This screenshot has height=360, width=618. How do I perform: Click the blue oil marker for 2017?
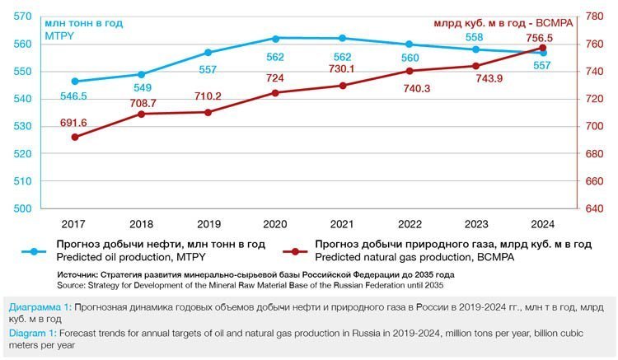coord(75,82)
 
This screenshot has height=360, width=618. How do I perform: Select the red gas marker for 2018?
coord(141,114)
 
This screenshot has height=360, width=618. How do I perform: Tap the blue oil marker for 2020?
coord(275,38)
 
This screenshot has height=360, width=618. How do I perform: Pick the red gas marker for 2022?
coord(410,71)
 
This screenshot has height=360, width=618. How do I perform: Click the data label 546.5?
coord(75,96)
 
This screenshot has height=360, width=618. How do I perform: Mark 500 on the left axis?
coord(24,208)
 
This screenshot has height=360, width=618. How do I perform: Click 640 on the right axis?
coord(593,208)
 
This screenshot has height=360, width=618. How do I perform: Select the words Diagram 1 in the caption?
coord(30,333)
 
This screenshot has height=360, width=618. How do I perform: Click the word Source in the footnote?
coord(72,285)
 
